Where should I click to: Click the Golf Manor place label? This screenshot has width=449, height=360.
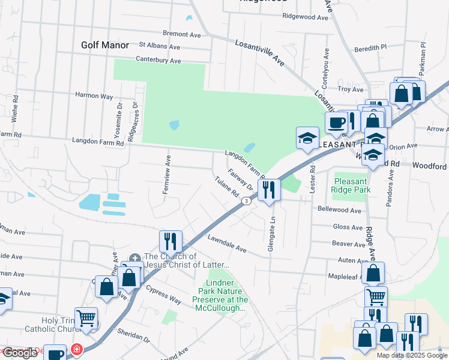click(x=105, y=45)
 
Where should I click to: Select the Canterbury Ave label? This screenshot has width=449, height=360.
click(x=158, y=61)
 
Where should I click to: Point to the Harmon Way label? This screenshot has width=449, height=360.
click(x=94, y=95)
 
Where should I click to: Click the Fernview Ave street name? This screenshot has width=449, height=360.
click(x=167, y=175)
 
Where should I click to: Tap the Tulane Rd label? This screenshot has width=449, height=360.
click(x=228, y=188)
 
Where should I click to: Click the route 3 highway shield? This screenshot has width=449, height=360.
click(x=246, y=202)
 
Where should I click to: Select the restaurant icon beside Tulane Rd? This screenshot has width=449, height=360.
click(x=269, y=190)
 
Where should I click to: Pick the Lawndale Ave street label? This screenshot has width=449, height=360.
click(x=227, y=243)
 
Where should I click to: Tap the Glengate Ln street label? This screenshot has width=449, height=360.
click(x=271, y=235)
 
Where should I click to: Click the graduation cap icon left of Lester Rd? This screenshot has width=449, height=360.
click(x=307, y=138)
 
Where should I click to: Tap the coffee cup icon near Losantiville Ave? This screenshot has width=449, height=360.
click(x=336, y=122)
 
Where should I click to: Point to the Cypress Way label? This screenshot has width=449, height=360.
click(x=163, y=293)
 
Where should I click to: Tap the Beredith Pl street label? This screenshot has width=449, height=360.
click(x=370, y=46)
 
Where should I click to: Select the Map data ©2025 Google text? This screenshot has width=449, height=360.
click(x=411, y=355)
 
